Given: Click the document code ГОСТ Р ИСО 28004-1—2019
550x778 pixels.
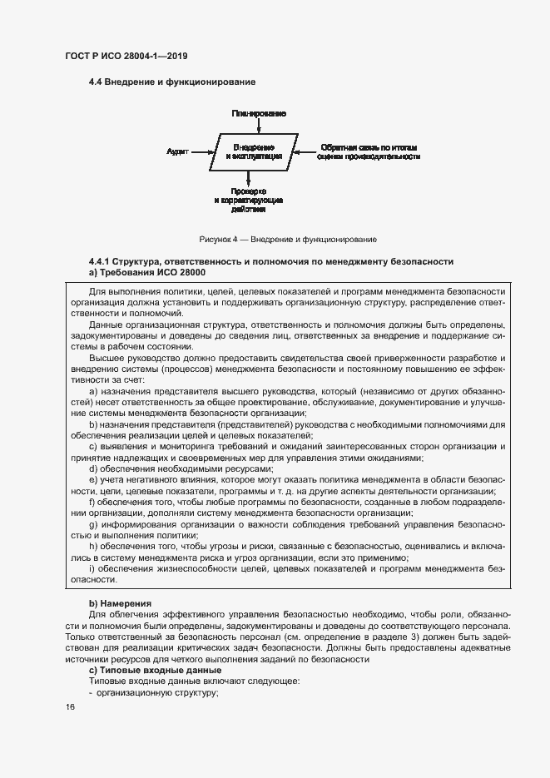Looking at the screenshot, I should click(125, 57).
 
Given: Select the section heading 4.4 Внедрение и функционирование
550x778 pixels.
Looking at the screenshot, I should click(171, 82).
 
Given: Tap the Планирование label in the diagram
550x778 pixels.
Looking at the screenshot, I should click(260, 111).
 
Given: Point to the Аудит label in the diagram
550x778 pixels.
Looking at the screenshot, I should click(177, 151).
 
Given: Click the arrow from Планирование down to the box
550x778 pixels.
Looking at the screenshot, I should click(260, 125).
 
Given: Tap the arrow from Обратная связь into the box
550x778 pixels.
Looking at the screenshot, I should click(306, 151).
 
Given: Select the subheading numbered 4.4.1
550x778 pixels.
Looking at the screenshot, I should click(271, 262).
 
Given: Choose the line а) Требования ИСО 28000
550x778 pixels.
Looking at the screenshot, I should click(147, 272).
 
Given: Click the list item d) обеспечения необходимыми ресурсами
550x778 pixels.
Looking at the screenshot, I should click(157, 469).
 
